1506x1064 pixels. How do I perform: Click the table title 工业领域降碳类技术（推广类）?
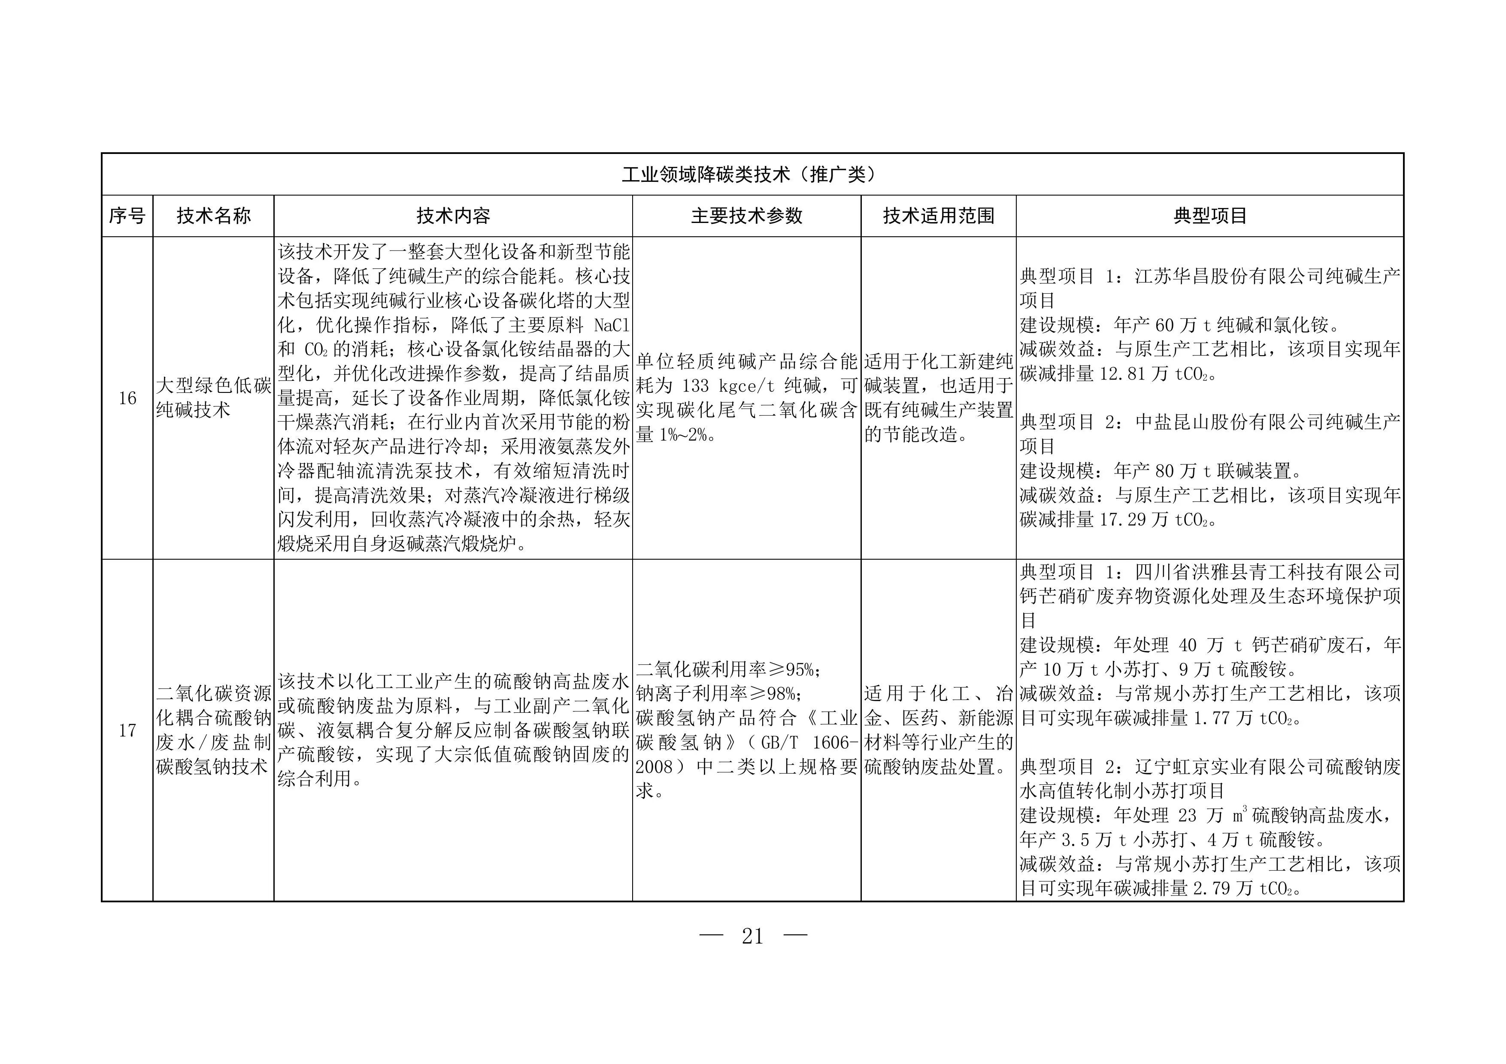click(x=751, y=175)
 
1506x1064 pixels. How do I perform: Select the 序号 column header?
click(x=127, y=216)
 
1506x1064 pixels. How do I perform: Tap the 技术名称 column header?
click(x=213, y=216)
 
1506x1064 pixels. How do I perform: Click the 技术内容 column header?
click(x=453, y=216)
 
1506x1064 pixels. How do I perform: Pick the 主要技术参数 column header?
click(x=746, y=216)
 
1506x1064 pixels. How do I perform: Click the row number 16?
click(x=127, y=398)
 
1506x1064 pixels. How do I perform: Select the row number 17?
click(x=127, y=730)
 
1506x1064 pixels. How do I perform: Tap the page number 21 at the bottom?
click(x=752, y=936)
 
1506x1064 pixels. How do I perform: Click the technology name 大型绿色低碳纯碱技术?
click(x=213, y=398)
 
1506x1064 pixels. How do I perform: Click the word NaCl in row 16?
click(x=611, y=325)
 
